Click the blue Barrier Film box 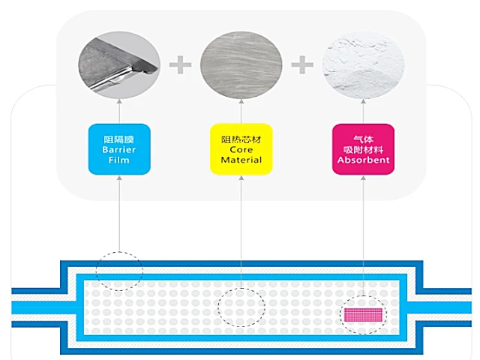[119, 149]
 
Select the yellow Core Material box [241, 149]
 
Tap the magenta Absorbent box [363, 149]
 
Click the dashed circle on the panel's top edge [119, 268]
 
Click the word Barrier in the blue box [119, 149]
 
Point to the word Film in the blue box [119, 160]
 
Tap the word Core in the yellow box [241, 149]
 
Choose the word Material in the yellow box [241, 160]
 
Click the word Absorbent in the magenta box [363, 160]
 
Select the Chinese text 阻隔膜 [119, 139]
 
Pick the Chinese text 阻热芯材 [241, 139]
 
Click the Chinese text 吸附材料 [363, 149]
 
